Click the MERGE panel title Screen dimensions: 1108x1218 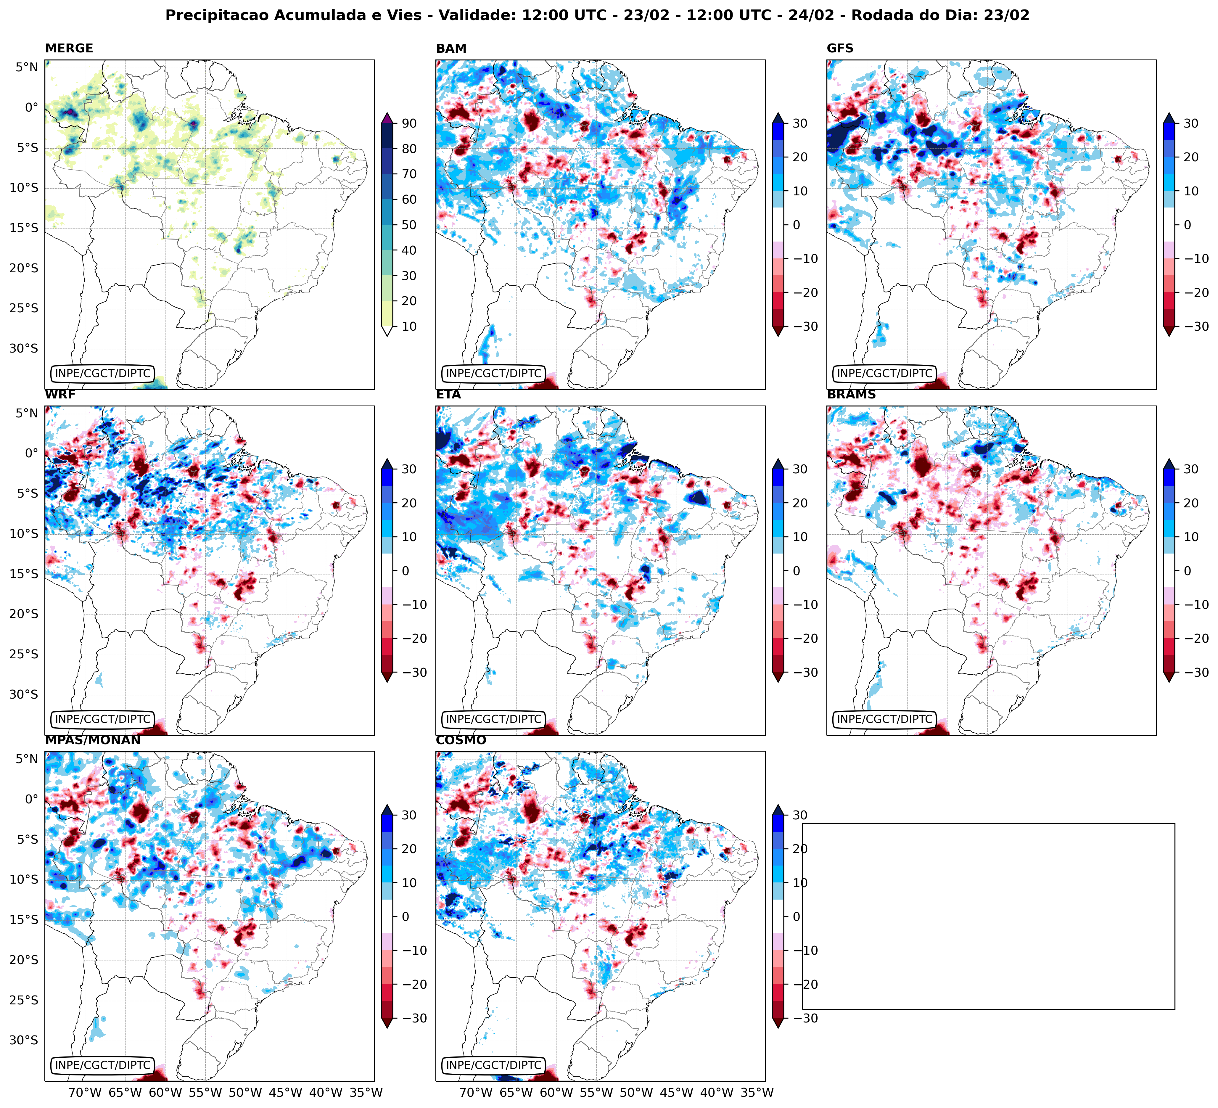pos(69,48)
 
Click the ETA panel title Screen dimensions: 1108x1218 pos(448,395)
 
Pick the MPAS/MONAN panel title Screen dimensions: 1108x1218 pos(92,740)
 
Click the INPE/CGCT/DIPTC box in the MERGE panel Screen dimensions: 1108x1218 pos(102,373)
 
